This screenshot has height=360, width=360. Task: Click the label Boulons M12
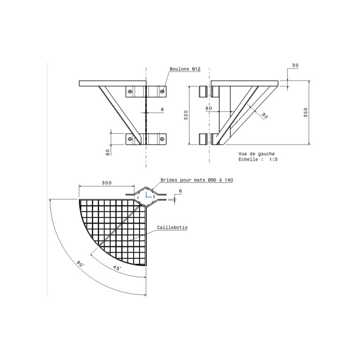[x=185, y=69]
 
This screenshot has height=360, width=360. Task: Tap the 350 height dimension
[x=306, y=112]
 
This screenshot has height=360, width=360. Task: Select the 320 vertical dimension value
[x=186, y=115]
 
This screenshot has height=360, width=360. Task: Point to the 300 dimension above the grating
[x=107, y=183]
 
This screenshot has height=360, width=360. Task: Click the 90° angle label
[x=81, y=264]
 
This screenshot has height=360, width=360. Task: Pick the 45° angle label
[x=117, y=268]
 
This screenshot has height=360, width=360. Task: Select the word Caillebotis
[x=172, y=228]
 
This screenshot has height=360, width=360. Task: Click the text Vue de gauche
[x=256, y=154]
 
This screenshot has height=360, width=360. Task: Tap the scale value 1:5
[x=273, y=159]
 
